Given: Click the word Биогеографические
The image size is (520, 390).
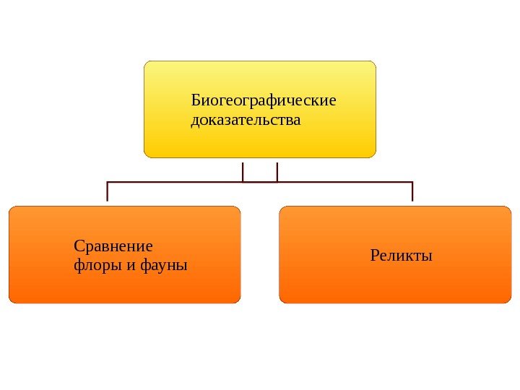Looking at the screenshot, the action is pyautogui.click(x=264, y=100).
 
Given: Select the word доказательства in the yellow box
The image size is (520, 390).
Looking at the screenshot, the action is pyautogui.click(x=246, y=119).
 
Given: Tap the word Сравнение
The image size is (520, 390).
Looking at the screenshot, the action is pyautogui.click(x=113, y=246).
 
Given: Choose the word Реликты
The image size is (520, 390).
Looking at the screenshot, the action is pyautogui.click(x=401, y=255).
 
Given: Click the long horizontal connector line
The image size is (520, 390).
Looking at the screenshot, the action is pyautogui.click(x=181, y=182).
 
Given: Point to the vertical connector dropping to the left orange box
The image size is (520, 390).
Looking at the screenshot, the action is pyautogui.click(x=108, y=191).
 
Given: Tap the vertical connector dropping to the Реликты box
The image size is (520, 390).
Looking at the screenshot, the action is pyautogui.click(x=412, y=191).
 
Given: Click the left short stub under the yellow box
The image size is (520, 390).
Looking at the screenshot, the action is pyautogui.click(x=243, y=171).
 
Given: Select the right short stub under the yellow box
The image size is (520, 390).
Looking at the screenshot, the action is pyautogui.click(x=277, y=171).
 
